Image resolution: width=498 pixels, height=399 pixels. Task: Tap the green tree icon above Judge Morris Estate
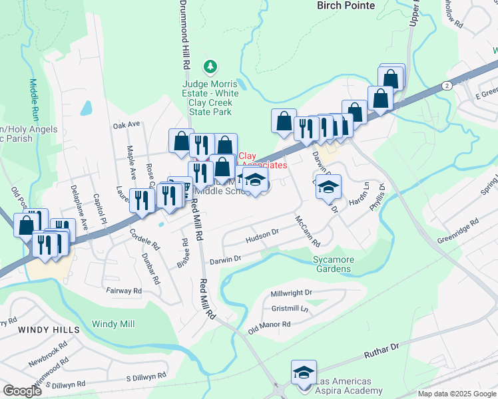pos(211,66)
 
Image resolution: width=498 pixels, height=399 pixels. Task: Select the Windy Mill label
pos(113,324)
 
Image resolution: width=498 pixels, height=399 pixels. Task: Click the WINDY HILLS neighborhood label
pos(49,329)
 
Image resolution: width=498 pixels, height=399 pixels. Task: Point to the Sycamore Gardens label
pos(333,264)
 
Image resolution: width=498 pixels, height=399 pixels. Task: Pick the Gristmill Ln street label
pos(290,309)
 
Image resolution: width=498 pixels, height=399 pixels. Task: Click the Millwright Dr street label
pos(292,293)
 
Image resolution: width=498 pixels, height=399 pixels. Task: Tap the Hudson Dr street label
pos(261,235)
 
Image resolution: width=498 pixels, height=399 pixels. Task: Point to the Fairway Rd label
pos(124,291)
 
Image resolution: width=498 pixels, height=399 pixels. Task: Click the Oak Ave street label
pos(126,124)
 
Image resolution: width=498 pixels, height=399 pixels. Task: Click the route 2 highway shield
pos(445,85)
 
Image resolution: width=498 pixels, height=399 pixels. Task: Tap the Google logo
pos(22,391)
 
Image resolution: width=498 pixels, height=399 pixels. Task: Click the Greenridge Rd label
pos(458,231)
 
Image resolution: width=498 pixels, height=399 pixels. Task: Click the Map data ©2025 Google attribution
pos(457,394)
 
